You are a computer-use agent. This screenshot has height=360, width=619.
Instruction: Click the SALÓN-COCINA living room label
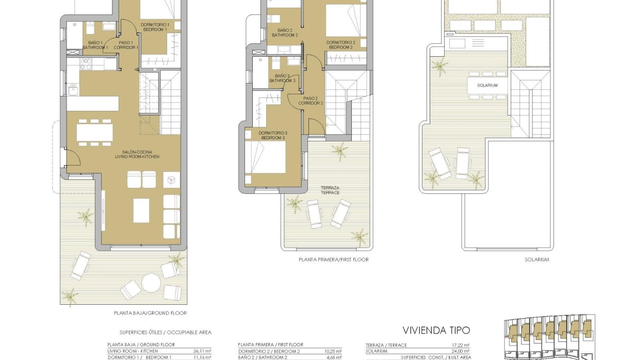coord(137,154)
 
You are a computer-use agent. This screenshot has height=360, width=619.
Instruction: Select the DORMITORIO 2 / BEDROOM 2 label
coord(341,45)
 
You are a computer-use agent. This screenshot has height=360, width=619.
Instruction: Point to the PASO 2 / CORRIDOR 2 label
coord(311,101)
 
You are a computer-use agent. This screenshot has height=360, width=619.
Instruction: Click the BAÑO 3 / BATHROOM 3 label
coord(282,78)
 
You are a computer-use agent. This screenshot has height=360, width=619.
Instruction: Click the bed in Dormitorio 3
coord(266,157)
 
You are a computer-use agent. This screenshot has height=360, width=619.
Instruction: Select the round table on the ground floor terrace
coord(151,282)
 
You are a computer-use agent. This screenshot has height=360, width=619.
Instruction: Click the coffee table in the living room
coord(141,210)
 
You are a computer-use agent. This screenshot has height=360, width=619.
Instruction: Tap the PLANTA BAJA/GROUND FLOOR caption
coord(150,313)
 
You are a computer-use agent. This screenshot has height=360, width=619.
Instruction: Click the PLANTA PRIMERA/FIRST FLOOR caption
coord(334,260)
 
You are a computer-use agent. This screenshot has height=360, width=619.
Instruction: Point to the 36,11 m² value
coord(201,351)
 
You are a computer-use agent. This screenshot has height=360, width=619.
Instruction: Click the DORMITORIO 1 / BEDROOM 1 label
coord(155,27)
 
